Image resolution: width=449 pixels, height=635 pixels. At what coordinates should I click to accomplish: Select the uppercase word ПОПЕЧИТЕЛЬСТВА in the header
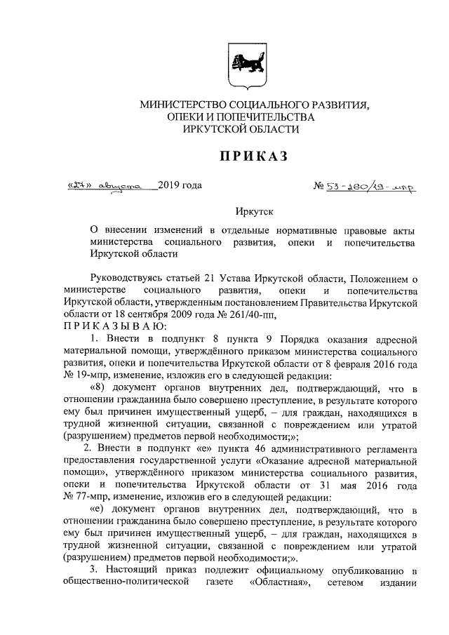pyautogui.click(x=270, y=117)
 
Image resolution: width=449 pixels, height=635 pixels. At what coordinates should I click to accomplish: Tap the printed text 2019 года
pyautogui.click(x=180, y=186)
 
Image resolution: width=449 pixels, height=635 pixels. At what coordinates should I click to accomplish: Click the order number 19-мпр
pyautogui.click(x=86, y=377)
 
